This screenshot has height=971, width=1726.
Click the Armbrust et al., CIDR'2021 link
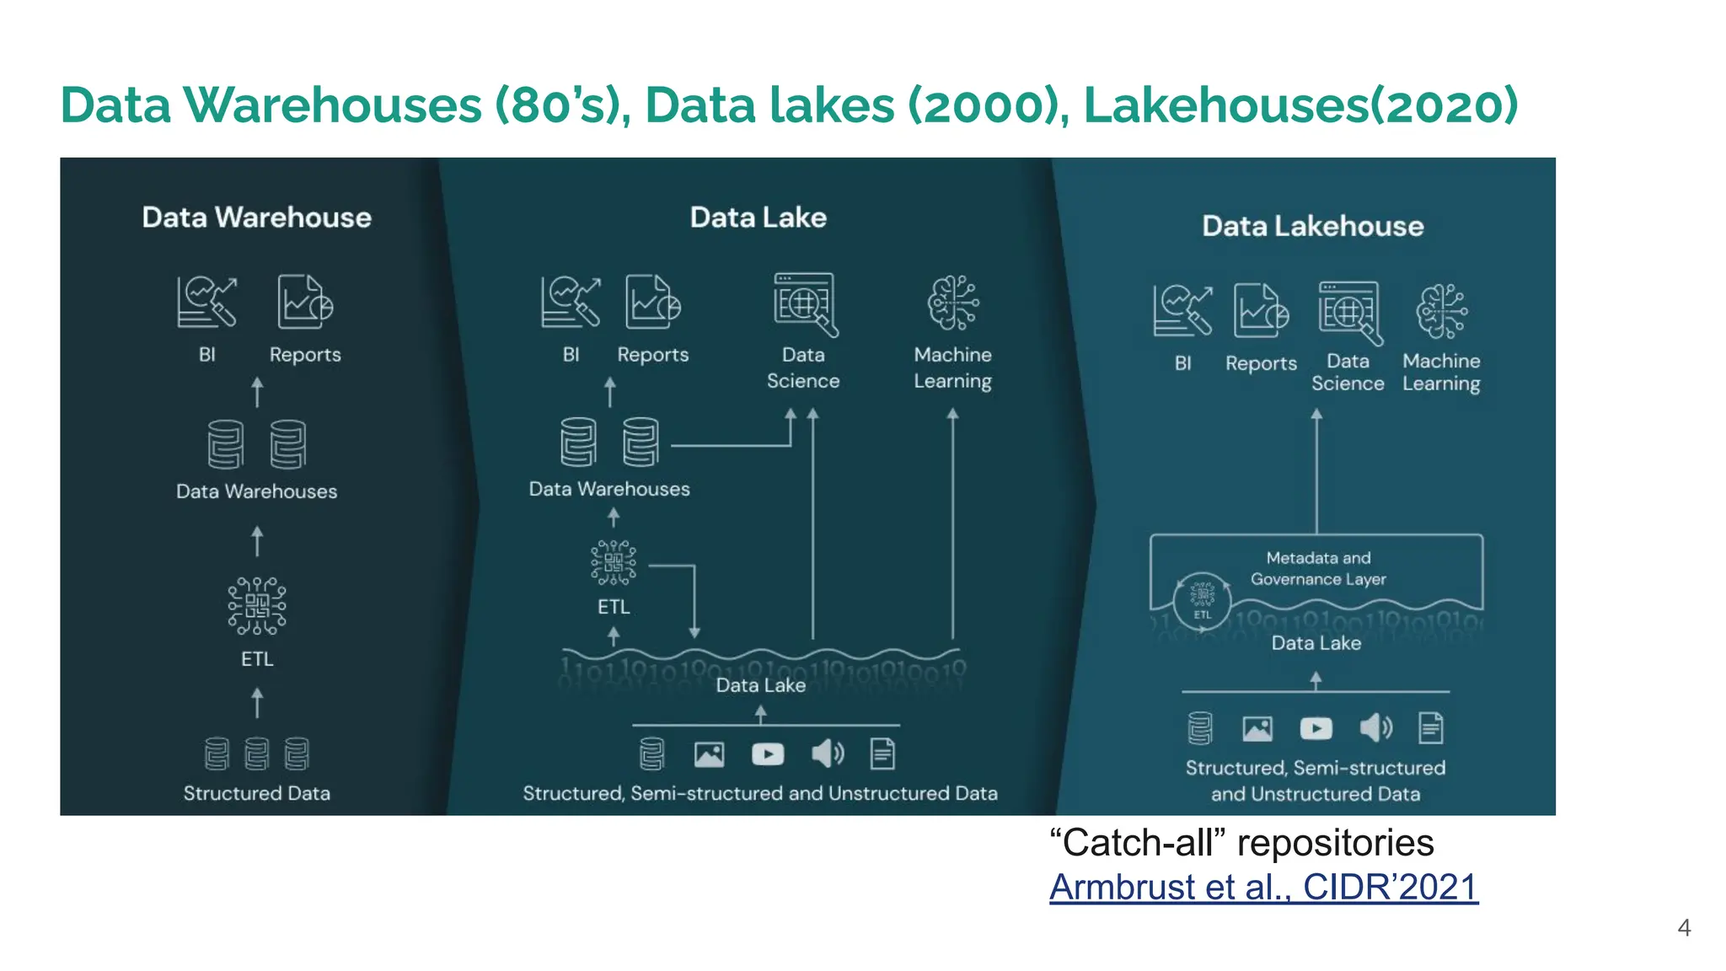click(1262, 888)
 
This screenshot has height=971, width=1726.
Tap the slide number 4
click(1684, 928)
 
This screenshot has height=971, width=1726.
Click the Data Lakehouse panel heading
click(1312, 226)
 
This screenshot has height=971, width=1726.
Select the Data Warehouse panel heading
click(256, 217)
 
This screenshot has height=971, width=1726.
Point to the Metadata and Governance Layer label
click(1318, 568)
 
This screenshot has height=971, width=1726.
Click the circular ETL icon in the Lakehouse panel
click(1202, 599)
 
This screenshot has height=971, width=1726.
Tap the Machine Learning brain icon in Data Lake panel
click(953, 303)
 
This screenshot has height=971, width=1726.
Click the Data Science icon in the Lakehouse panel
click(1350, 313)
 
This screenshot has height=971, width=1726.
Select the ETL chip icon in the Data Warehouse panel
click(257, 606)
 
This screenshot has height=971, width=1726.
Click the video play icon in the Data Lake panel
click(767, 754)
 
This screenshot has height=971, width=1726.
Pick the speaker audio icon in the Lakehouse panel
click(1375, 727)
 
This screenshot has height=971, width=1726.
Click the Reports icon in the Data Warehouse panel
click(304, 303)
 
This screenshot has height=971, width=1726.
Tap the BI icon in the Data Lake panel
click(571, 303)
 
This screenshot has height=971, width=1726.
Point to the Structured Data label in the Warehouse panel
click(256, 793)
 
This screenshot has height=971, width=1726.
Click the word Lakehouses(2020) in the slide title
click(1300, 105)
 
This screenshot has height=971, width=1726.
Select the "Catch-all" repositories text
click(1241, 843)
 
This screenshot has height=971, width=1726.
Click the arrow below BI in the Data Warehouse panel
click(258, 392)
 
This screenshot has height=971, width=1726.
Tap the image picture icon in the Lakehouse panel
click(1257, 728)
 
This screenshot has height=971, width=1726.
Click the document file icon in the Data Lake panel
click(882, 754)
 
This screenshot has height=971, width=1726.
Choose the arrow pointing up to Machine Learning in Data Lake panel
click(952, 523)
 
